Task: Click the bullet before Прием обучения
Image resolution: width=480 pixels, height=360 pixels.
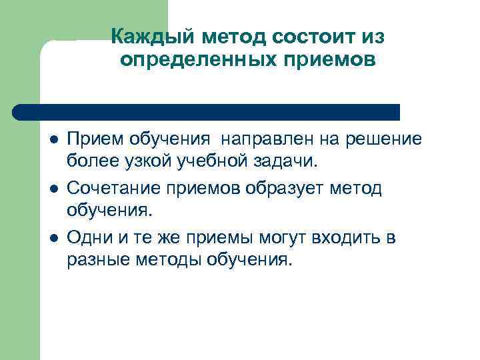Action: pyautogui.click(x=53, y=140)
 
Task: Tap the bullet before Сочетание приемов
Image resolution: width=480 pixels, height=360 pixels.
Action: pyautogui.click(x=53, y=189)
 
